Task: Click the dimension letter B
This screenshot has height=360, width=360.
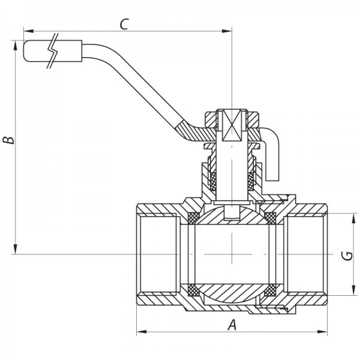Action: pos(8,140)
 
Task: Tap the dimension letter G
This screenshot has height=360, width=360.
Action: pos(346,256)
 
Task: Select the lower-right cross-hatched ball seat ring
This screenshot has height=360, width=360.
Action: pos(269,292)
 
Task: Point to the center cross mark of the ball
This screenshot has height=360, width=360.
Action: pos(232,254)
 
